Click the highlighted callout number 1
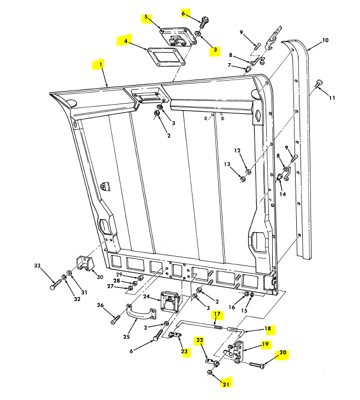point(100,64)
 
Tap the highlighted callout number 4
point(126,40)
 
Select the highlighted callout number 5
point(146,19)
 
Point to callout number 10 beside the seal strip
point(325,40)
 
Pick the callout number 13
point(227,164)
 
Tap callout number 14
point(283,193)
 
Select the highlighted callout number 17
point(217,314)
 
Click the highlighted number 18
point(268,329)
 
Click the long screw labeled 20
point(257,365)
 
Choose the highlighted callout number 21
point(226,385)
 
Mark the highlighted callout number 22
point(200,341)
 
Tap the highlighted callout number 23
point(185,351)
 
